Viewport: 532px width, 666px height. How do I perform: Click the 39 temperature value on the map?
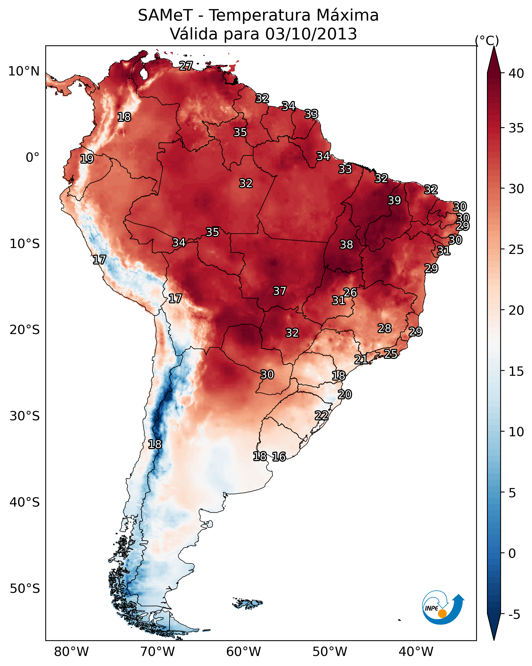click(x=394, y=200)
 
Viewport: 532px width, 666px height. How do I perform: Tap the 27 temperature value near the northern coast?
click(x=186, y=66)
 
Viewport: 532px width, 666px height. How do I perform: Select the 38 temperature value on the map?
click(x=346, y=245)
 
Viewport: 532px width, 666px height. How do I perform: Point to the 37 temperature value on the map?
click(x=280, y=291)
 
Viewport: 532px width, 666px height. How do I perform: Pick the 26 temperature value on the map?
click(x=350, y=292)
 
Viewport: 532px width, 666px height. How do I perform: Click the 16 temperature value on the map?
click(x=279, y=457)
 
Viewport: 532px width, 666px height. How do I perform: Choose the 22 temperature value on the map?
click(x=321, y=415)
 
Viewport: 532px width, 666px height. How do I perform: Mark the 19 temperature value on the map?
click(x=87, y=159)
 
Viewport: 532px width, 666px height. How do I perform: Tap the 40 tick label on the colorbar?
click(x=516, y=73)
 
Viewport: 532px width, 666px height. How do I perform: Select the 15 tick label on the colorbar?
click(x=516, y=371)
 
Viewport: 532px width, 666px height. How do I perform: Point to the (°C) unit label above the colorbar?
click(x=487, y=40)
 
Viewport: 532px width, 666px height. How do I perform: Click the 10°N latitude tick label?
click(x=24, y=71)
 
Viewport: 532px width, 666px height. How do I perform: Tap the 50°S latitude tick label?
click(x=25, y=589)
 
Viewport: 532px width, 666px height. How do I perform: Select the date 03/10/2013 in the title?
click(x=311, y=34)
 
